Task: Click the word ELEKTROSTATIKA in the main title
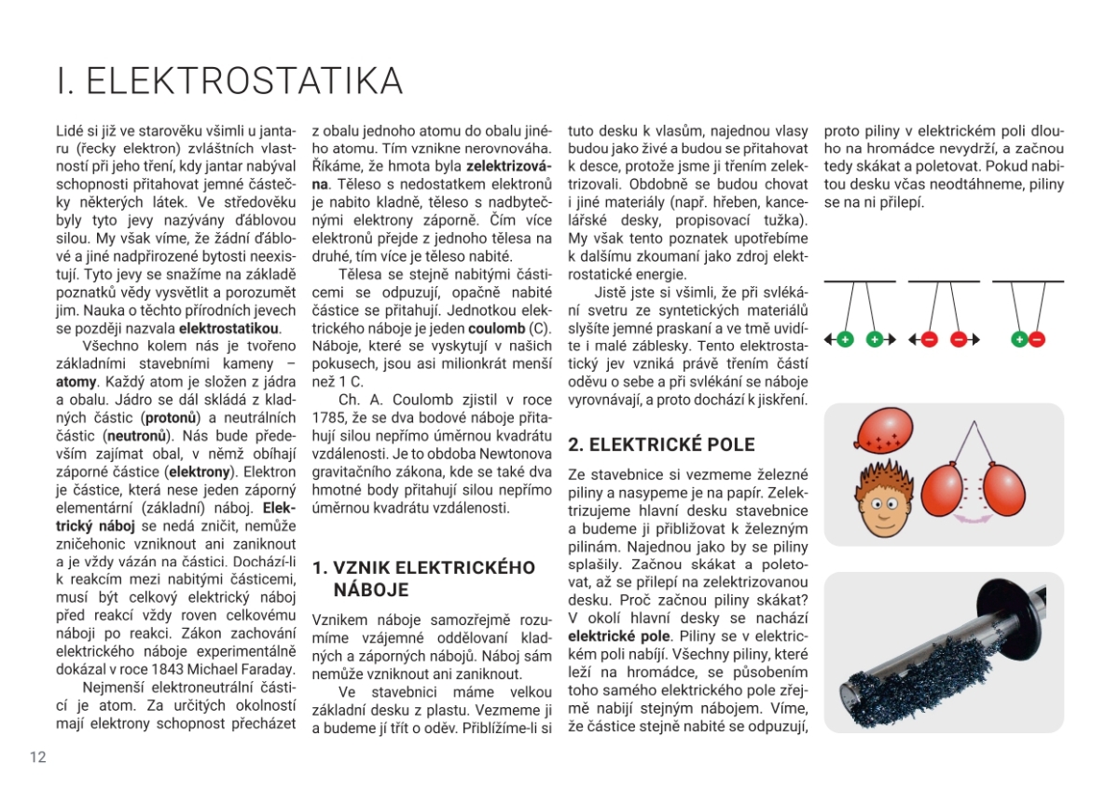point(244,81)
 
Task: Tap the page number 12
point(37,756)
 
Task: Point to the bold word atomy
point(76,382)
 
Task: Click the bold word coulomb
point(495,329)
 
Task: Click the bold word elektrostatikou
point(228,329)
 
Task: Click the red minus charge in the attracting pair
point(1037,340)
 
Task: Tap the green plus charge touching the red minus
point(1020,340)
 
